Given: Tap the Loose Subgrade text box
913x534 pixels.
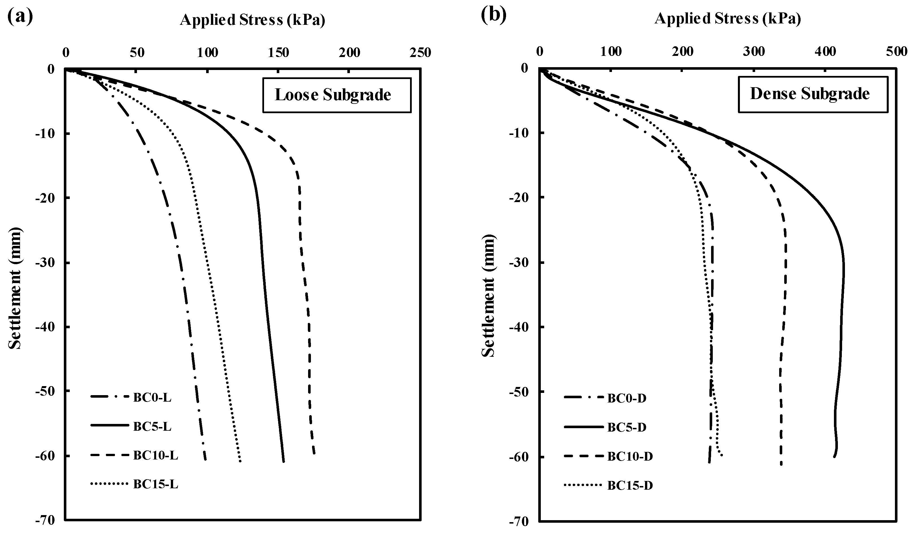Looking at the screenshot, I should coord(337,95).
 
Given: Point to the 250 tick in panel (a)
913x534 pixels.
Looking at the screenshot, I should coord(420,53).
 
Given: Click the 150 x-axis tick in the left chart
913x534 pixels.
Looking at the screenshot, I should coord(279,53).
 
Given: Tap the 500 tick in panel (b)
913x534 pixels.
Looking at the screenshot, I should coord(897,52).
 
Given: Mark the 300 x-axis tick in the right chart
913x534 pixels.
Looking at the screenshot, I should coord(754,52).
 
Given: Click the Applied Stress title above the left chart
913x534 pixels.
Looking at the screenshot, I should coord(252,20).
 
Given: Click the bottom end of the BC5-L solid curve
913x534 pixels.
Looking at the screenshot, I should coord(284,461).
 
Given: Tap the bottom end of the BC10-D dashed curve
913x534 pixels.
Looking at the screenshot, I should coord(781,465).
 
